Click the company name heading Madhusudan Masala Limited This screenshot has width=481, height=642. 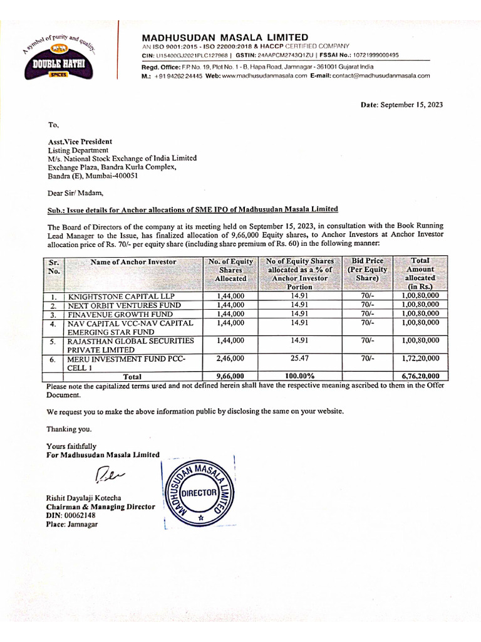pyautogui.click(x=225, y=38)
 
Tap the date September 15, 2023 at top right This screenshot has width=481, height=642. pyautogui.click(x=401, y=105)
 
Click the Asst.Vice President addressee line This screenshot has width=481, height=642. pyautogui.click(x=80, y=142)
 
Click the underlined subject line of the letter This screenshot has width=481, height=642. pyautogui.click(x=193, y=209)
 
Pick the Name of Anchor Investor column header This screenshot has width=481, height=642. pyautogui.click(x=133, y=261)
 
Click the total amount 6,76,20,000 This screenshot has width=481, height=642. pyautogui.click(x=420, y=377)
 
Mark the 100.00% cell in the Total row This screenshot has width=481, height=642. pyautogui.click(x=299, y=377)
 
